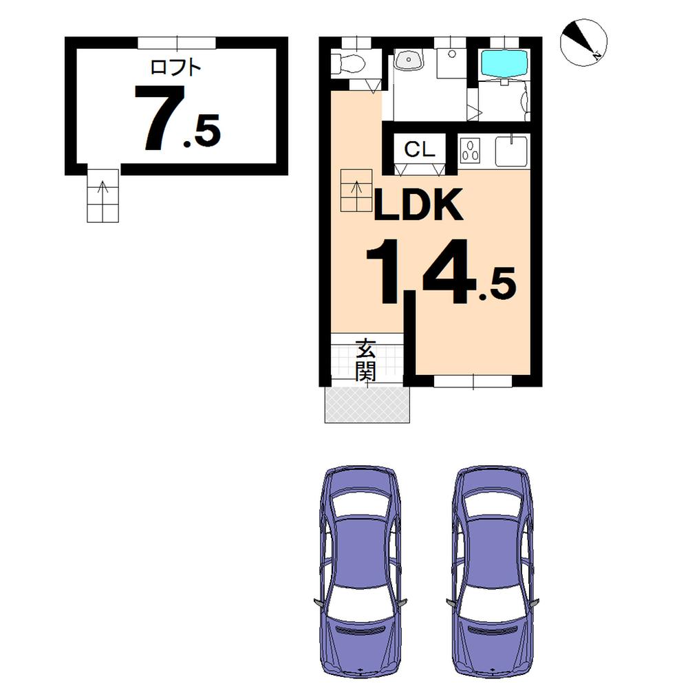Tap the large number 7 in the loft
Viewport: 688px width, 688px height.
[x=160, y=118]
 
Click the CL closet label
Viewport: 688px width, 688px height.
[x=419, y=150]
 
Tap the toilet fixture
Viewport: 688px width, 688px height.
[x=348, y=64]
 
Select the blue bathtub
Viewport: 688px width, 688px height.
[x=504, y=63]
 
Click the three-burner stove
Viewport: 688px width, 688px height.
[x=472, y=151]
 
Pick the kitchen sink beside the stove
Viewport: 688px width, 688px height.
[x=510, y=151]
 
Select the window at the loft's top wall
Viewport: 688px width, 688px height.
[x=177, y=43]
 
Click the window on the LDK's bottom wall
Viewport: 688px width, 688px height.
[x=473, y=381]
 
